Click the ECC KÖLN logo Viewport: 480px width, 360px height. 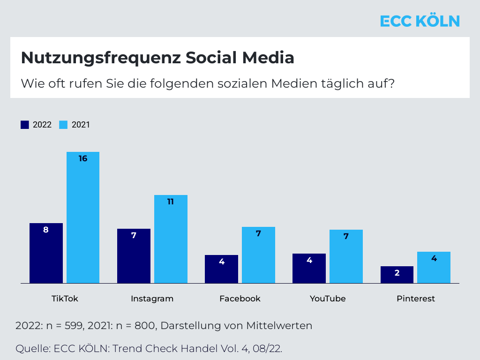(x=420, y=21)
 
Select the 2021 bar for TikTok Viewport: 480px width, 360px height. (x=83, y=217)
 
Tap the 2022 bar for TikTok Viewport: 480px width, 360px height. (x=46, y=253)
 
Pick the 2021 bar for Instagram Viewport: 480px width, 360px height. (x=171, y=239)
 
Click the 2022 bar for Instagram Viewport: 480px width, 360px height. (x=134, y=256)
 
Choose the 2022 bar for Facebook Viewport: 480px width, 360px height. (x=222, y=269)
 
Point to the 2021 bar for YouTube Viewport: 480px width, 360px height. (x=346, y=256)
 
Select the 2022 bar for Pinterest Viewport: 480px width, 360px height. (x=397, y=275)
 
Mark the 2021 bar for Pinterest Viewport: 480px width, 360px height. (x=434, y=267)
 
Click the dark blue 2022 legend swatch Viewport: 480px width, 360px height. (x=25, y=125)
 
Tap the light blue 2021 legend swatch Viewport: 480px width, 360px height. (x=63, y=125)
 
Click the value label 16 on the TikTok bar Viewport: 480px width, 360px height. (x=83, y=158)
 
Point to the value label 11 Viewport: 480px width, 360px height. (x=171, y=202)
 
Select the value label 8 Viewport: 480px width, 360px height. (x=46, y=230)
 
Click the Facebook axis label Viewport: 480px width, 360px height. (x=240, y=299)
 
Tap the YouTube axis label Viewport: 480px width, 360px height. (x=328, y=299)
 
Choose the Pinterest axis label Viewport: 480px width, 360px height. (x=415, y=299)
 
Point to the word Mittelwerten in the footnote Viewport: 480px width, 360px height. (x=277, y=325)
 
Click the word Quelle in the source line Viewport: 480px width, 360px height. (x=33, y=349)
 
